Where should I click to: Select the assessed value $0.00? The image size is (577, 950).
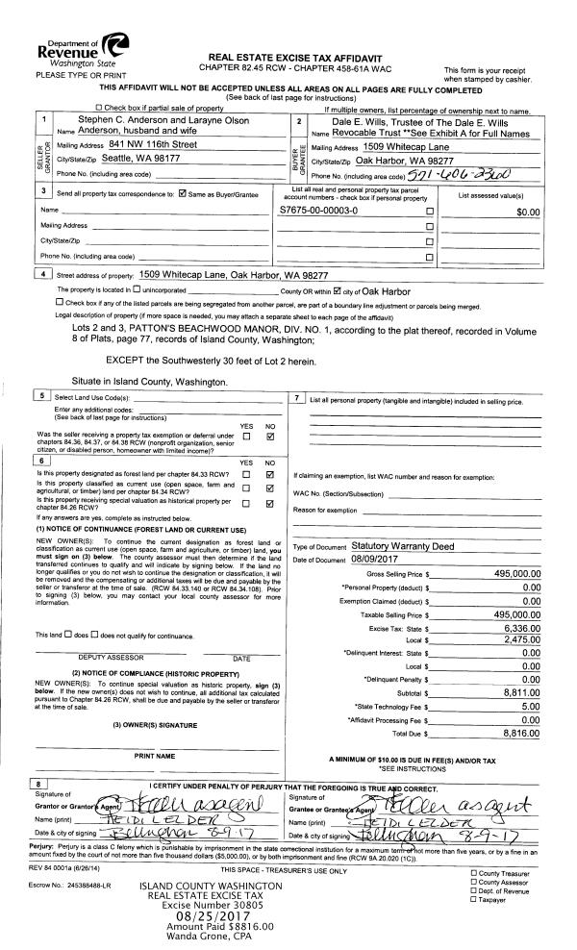coord(528,210)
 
